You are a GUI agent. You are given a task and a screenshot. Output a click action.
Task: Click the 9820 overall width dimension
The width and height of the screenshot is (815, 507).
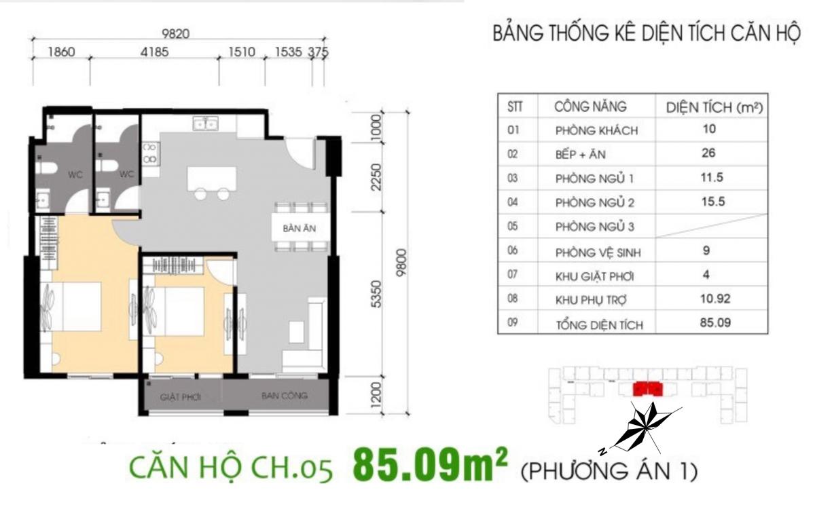pos(176,34)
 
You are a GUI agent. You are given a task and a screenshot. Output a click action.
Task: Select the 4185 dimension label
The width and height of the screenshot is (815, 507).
pos(155,52)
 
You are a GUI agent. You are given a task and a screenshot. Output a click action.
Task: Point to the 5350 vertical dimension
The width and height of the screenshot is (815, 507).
pos(377,295)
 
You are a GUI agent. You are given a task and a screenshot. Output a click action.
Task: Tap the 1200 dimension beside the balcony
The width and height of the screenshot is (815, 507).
pos(377,395)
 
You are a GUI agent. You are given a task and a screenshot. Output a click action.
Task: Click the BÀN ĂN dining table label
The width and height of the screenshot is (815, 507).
pos(300,229)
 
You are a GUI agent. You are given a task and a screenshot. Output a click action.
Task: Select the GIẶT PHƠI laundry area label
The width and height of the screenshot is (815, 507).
pos(181,397)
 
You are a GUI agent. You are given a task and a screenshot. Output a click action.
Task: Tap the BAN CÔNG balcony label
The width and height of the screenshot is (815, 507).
pos(285,395)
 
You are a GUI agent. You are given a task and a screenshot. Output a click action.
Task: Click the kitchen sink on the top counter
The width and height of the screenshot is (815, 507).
pos(206,124)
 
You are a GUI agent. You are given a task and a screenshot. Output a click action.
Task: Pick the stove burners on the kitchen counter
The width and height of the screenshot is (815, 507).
pos(149,153)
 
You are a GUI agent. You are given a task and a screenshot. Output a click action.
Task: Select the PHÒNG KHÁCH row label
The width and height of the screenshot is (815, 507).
pos(597,130)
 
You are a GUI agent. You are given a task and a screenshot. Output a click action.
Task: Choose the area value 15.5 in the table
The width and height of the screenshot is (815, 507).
pos(713,202)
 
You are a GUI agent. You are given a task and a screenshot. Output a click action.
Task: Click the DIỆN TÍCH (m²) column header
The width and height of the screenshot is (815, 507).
pos(714,108)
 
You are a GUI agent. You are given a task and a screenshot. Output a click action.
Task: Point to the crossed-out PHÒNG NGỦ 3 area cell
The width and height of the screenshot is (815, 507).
pos(712,226)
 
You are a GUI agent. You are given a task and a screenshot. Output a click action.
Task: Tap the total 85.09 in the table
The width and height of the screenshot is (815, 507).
pos(715,322)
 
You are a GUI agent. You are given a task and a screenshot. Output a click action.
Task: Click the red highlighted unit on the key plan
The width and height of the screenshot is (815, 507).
pos(648,389)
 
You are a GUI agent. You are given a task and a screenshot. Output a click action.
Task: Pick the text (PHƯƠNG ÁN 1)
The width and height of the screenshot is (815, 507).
pos(609,471)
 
